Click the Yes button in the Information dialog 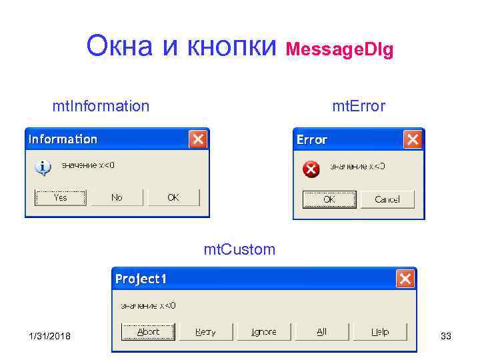pyautogui.click(x=61, y=197)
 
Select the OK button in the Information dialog pyautogui.click(x=173, y=197)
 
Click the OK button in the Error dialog pyautogui.click(x=329, y=199)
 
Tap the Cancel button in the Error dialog pyautogui.click(x=387, y=199)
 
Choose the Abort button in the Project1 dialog pyautogui.click(x=148, y=332)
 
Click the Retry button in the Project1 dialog pyautogui.click(x=205, y=332)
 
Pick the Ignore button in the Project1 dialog pyautogui.click(x=264, y=332)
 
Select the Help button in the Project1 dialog pyautogui.click(x=379, y=332)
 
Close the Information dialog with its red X pyautogui.click(x=198, y=139)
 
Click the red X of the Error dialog pyautogui.click(x=413, y=139)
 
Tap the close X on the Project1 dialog pyautogui.click(x=405, y=279)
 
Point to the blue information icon pyautogui.click(x=43, y=167)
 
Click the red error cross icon pyautogui.click(x=311, y=169)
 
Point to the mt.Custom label pyautogui.click(x=239, y=250)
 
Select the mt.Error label pyautogui.click(x=359, y=106)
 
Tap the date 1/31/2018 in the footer pyautogui.click(x=50, y=336)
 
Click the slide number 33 pyautogui.click(x=446, y=336)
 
